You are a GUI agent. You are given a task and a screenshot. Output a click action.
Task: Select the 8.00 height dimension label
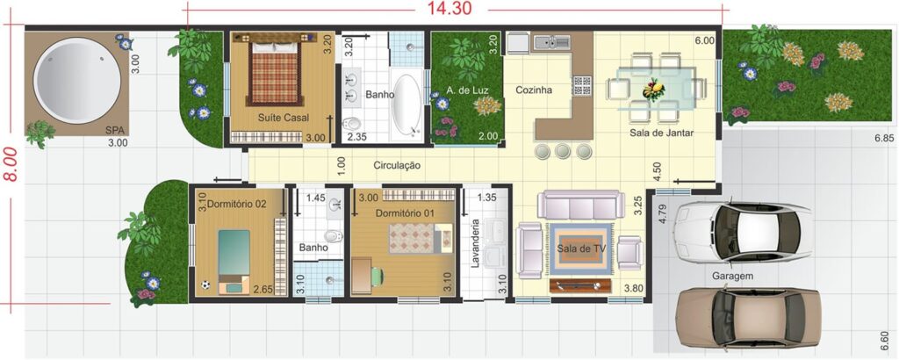11,164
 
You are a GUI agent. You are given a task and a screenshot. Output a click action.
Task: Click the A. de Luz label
465,90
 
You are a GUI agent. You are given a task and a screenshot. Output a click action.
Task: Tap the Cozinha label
534,90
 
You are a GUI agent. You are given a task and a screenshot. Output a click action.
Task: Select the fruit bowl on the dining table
653,90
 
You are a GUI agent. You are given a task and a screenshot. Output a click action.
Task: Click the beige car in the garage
749,317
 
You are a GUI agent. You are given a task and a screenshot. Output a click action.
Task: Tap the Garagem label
733,276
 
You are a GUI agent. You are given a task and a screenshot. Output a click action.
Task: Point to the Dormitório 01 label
406,212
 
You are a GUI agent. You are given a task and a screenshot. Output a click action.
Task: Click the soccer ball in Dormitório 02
205,284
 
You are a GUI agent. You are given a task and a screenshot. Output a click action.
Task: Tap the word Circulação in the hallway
397,166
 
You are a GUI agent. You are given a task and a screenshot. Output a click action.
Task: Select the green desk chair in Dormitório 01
376,277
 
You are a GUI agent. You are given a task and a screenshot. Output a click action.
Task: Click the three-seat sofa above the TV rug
581,205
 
